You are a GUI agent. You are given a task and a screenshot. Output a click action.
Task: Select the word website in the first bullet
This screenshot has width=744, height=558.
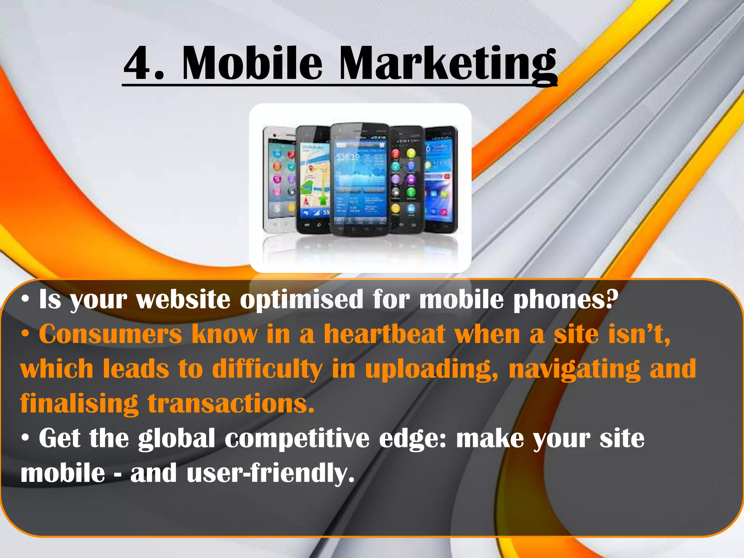point(183,299)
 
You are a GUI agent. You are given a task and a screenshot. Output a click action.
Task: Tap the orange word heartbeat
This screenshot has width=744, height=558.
point(385,334)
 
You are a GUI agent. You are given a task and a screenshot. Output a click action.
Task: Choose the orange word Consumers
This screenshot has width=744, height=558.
point(110,334)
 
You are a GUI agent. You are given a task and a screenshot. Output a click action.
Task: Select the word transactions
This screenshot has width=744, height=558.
point(231,404)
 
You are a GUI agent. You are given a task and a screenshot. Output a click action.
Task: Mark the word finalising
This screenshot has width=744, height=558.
point(79,404)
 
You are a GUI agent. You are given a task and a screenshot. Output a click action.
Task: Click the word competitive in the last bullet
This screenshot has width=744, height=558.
point(297,439)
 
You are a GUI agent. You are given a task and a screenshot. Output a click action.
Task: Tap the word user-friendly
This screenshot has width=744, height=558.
point(270,474)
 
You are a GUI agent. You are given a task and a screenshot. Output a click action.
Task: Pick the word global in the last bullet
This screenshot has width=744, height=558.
point(177,439)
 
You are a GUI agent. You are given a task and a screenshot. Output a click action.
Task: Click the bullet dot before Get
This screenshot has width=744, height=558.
point(25,439)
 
